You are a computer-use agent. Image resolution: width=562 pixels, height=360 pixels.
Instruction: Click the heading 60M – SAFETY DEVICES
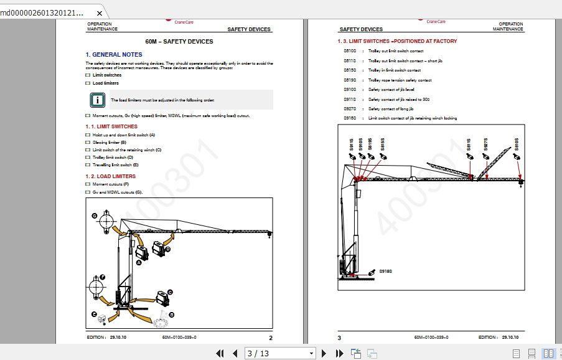[179, 42]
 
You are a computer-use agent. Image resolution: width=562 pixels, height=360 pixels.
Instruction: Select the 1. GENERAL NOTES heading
[114, 55]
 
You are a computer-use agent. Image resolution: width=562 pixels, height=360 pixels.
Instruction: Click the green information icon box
[96, 99]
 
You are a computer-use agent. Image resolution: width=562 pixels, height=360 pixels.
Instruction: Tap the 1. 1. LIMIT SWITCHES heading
[111, 126]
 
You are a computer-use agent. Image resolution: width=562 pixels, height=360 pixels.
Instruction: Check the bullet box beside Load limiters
[88, 83]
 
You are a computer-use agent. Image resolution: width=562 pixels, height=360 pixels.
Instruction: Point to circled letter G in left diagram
[95, 216]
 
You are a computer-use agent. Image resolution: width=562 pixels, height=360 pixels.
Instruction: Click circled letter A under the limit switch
[139, 263]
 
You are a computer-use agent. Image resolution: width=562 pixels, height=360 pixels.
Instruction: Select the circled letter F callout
[103, 277]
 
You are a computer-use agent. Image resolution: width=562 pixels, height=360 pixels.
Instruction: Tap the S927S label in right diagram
[485, 145]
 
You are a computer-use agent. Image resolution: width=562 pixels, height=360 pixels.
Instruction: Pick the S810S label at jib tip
[516, 144]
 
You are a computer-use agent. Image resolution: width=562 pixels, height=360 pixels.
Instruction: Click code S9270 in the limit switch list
[350, 109]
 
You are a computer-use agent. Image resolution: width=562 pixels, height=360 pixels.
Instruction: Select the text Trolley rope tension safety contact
[400, 80]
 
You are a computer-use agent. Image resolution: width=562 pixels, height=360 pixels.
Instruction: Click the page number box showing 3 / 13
[281, 354]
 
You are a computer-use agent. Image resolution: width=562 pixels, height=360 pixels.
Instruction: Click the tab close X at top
[100, 13]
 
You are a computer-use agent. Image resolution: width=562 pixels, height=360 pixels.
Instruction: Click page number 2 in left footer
[271, 338]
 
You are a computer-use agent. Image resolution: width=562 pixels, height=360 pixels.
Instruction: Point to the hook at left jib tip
[270, 235]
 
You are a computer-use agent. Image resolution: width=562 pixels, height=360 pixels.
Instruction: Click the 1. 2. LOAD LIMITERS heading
[110, 176]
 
